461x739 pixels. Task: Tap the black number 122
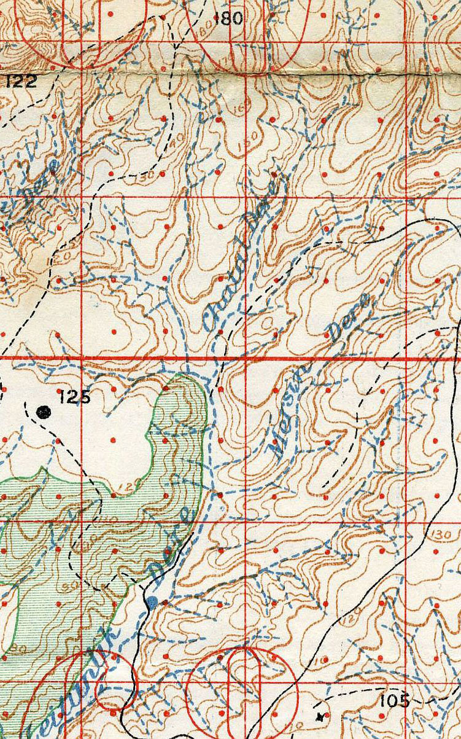(21, 80)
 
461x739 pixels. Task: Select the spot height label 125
(75, 397)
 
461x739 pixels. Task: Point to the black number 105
(395, 700)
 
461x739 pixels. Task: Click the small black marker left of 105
(319, 716)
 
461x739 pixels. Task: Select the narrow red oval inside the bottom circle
(244, 682)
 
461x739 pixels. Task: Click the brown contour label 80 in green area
(17, 647)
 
